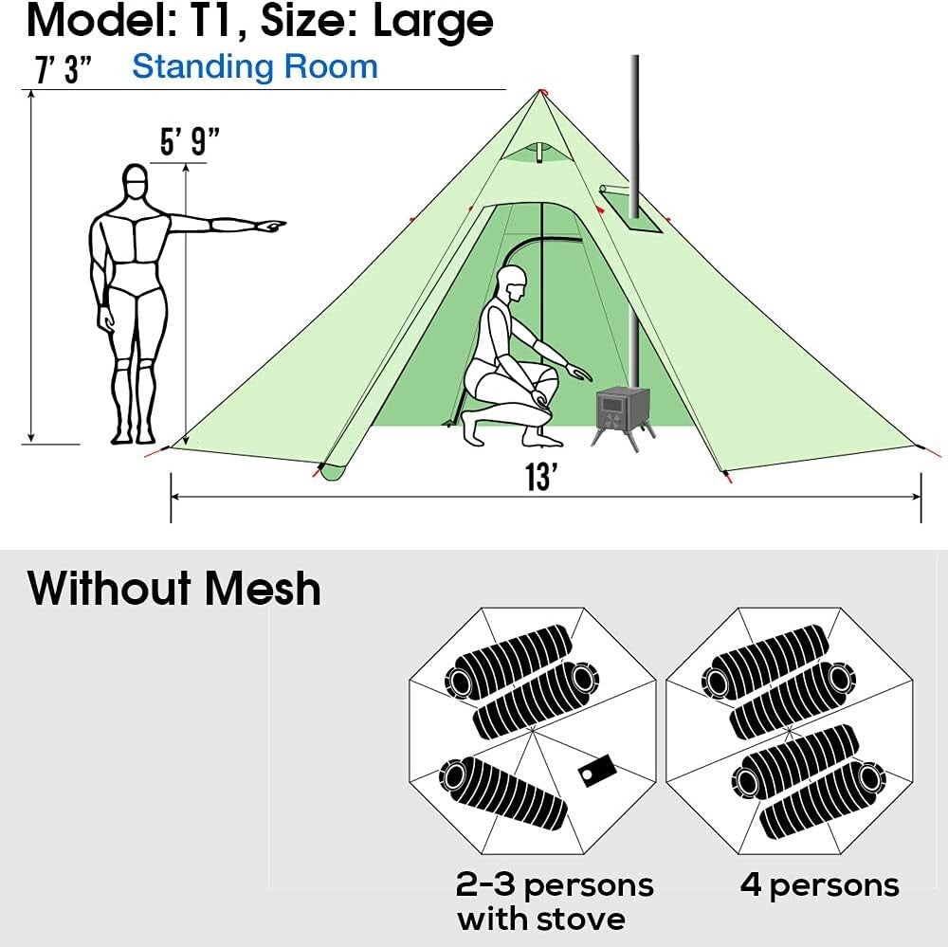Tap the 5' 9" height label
click(189, 143)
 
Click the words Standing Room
click(254, 66)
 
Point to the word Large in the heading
click(433, 21)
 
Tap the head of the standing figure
click(136, 181)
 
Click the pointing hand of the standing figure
click(270, 226)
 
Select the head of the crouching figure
click(512, 282)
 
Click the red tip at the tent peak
click(541, 91)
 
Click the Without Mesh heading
click(174, 588)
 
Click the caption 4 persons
click(819, 885)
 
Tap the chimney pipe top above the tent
click(634, 63)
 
